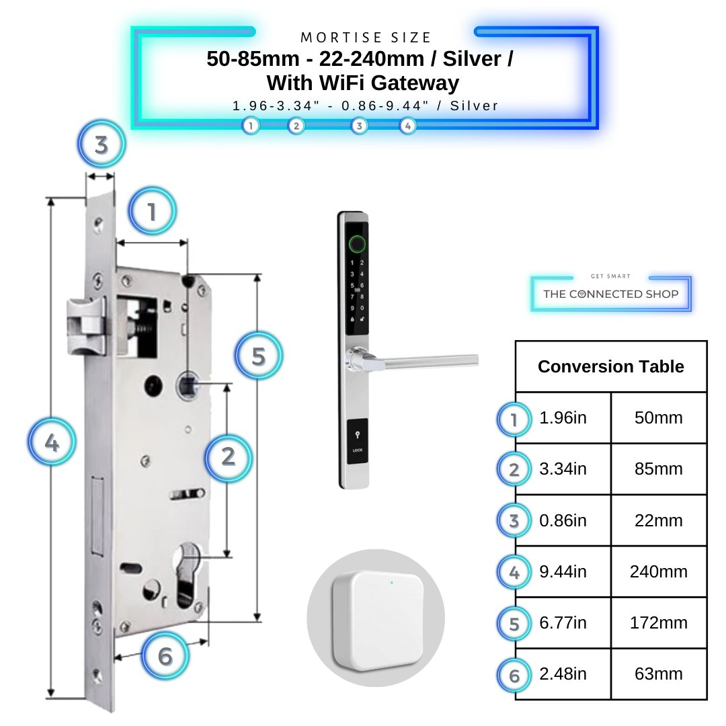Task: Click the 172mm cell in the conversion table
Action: click(x=658, y=623)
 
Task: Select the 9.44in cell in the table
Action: click(x=563, y=572)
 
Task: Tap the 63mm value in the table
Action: click(x=658, y=674)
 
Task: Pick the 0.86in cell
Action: click(x=563, y=521)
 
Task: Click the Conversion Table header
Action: click(x=610, y=366)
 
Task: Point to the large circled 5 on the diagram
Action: click(x=258, y=356)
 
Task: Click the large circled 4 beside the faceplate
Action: click(x=52, y=444)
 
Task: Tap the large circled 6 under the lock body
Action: click(x=165, y=655)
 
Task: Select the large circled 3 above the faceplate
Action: click(x=102, y=145)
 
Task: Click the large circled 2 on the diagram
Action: click(x=228, y=457)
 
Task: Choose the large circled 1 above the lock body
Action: click(x=152, y=212)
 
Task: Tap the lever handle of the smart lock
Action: click(x=417, y=362)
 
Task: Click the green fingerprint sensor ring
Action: click(x=356, y=243)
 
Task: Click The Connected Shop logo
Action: click(x=610, y=294)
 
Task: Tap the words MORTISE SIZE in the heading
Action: click(x=366, y=38)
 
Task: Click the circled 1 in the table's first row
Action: click(x=514, y=419)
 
